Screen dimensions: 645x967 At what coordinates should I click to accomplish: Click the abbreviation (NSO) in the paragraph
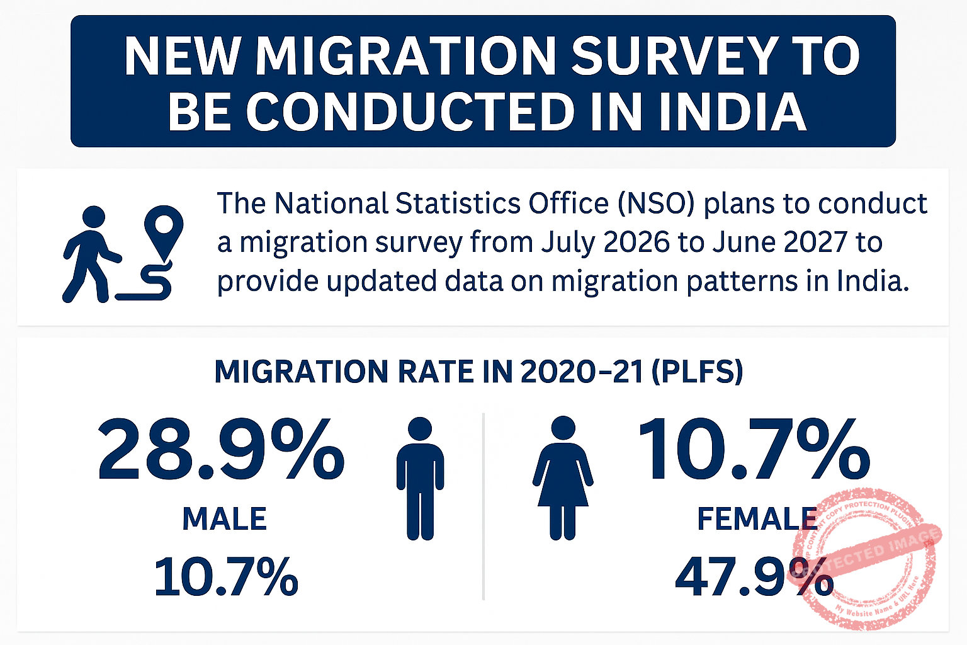tap(656, 203)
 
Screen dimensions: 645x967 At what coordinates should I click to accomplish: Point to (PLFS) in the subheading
tap(697, 372)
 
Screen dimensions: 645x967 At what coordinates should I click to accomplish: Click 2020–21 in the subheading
tap(582, 372)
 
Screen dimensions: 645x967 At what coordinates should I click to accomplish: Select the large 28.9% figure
tap(221, 450)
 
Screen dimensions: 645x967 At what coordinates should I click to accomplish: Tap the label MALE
tap(225, 520)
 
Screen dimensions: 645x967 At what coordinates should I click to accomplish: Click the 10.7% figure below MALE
tap(226, 576)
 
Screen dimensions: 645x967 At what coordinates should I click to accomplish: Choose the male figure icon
tap(420, 478)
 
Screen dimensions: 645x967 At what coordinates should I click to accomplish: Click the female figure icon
tap(563, 478)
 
